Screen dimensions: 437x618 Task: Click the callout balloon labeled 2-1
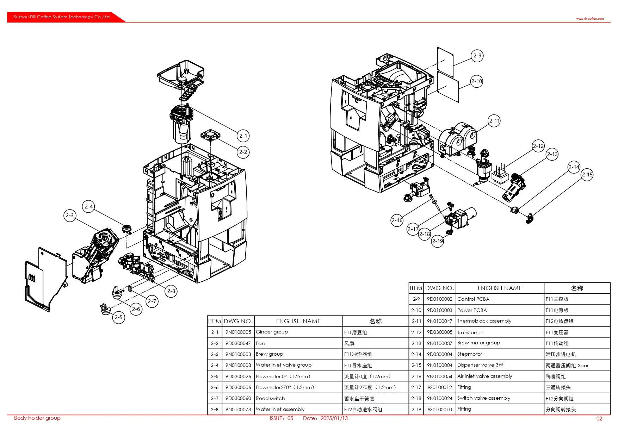pyautogui.click(x=243, y=136)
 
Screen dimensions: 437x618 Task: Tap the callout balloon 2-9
pyautogui.click(x=477, y=56)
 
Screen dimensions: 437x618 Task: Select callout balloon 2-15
pyautogui.click(x=587, y=175)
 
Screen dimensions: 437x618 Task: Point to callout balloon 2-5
pyautogui.click(x=119, y=317)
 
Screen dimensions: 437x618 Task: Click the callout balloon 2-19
pyautogui.click(x=437, y=241)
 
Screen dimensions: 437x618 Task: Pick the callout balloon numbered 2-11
pyautogui.click(x=494, y=121)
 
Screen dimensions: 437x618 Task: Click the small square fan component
pyautogui.click(x=210, y=135)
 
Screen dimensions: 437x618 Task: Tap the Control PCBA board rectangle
pyautogui.click(x=445, y=62)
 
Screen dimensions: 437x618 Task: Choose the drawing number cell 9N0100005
pyautogui.click(x=238, y=332)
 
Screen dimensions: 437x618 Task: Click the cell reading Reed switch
pyautogui.click(x=270, y=398)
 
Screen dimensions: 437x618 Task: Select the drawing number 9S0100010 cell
pyautogui.click(x=439, y=410)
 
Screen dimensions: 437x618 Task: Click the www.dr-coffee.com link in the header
pyautogui.click(x=590, y=19)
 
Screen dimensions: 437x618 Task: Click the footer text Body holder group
pyautogui.click(x=37, y=418)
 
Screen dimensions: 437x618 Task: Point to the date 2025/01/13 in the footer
pyautogui.click(x=334, y=418)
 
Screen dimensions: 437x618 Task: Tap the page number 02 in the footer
pyautogui.click(x=599, y=419)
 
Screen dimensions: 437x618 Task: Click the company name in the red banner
pyautogui.click(x=62, y=17)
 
